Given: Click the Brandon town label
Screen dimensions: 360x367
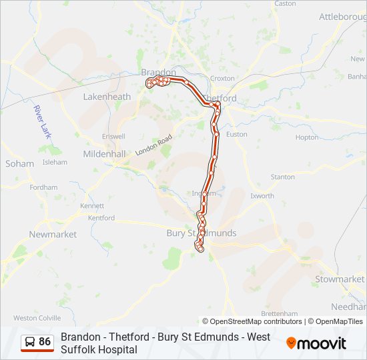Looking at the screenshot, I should (x=158, y=72).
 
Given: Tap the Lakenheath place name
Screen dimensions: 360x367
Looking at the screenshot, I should (x=107, y=97).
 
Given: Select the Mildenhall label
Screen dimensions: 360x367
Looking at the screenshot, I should (x=104, y=153).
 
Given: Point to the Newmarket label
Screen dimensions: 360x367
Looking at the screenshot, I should (x=53, y=234).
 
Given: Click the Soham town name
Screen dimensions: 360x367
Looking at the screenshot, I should (x=19, y=163).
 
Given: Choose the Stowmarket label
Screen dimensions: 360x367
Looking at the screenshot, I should (x=340, y=279).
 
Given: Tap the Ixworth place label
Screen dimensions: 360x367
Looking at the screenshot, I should (x=262, y=196).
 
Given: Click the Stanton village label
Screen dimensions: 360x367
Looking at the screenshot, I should (x=282, y=177).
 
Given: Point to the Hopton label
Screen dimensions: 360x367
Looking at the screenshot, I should (x=307, y=137).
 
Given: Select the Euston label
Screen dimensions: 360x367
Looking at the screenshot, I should (x=237, y=134).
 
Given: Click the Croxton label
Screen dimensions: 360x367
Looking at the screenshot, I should (x=222, y=78).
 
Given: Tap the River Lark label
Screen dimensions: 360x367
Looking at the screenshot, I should (x=43, y=122).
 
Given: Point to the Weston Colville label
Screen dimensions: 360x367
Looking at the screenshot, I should (x=37, y=318).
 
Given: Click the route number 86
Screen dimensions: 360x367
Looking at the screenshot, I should (x=45, y=342).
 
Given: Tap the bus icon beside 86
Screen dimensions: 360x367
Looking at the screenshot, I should (x=29, y=342).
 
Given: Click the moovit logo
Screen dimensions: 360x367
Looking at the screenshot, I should (x=316, y=343).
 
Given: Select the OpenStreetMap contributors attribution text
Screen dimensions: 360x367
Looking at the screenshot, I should (x=252, y=321).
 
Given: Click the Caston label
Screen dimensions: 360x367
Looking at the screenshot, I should (x=285, y=3).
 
